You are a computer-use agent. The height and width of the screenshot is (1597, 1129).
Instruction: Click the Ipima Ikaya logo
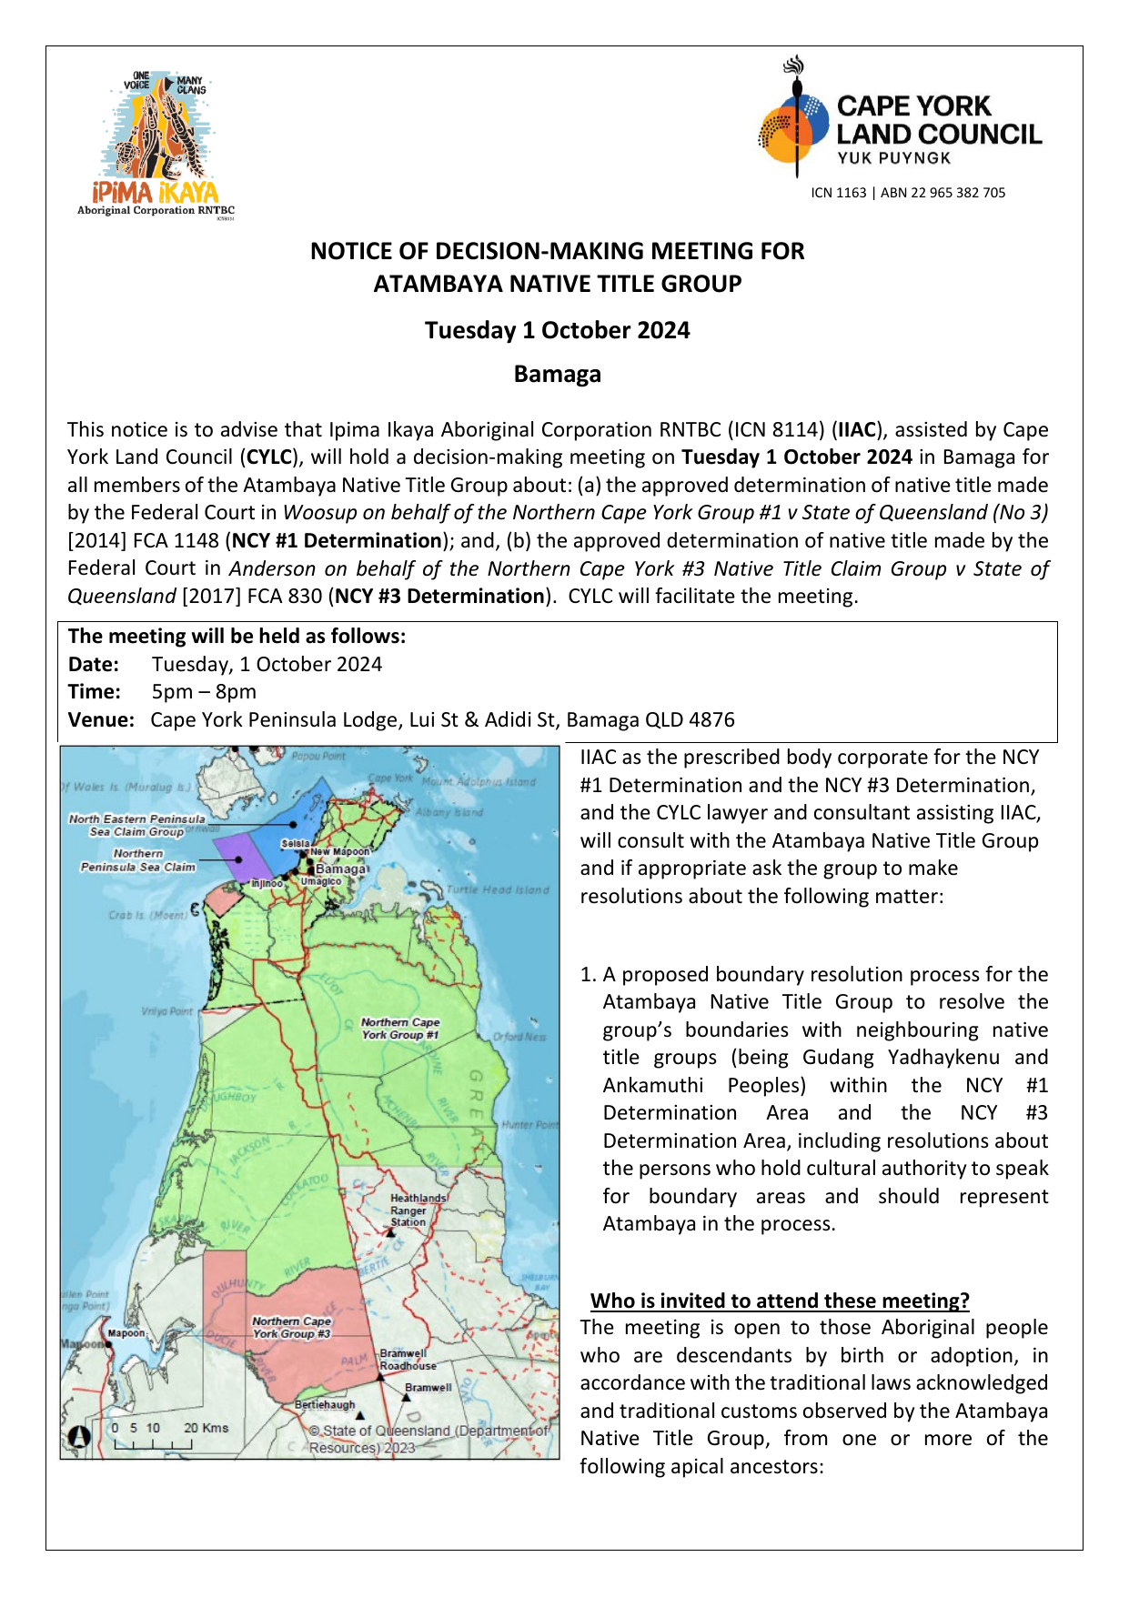pyautogui.click(x=156, y=144)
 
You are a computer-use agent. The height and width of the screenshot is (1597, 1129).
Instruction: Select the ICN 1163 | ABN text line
pyautogui.click(x=908, y=193)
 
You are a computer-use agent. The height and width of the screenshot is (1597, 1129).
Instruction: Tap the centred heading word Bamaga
pyautogui.click(x=557, y=375)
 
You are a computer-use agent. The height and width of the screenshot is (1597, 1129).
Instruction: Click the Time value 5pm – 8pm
pyautogui.click(x=204, y=692)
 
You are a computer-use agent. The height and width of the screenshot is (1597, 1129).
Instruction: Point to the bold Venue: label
pyautogui.click(x=101, y=720)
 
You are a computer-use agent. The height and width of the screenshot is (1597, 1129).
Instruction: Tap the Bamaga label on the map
pyautogui.click(x=340, y=869)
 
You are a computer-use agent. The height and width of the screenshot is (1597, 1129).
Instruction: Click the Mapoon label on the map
pyautogui.click(x=126, y=1333)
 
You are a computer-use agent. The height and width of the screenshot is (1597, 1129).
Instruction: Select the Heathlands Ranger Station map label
pyautogui.click(x=418, y=1210)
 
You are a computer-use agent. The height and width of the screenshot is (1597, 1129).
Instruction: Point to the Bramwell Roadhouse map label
pyautogui.click(x=408, y=1360)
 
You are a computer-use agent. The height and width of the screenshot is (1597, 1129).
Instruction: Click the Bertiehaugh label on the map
pyautogui.click(x=325, y=1405)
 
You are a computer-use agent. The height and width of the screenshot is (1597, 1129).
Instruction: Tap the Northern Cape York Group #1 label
pyautogui.click(x=400, y=1029)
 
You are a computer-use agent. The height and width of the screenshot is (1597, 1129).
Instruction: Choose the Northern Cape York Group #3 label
pyautogui.click(x=291, y=1327)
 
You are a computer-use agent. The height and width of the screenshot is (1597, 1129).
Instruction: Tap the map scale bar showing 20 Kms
pyautogui.click(x=168, y=1434)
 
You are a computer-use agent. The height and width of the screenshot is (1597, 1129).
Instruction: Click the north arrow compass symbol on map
pyautogui.click(x=80, y=1436)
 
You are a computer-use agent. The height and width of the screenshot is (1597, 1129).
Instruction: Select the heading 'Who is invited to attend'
pyautogui.click(x=780, y=1301)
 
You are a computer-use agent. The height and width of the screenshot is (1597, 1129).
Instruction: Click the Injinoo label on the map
pyautogui.click(x=267, y=883)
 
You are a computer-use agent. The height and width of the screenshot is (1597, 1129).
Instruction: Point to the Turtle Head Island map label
pyautogui.click(x=498, y=889)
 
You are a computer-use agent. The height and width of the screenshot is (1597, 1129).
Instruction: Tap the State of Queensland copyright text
pyautogui.click(x=429, y=1439)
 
